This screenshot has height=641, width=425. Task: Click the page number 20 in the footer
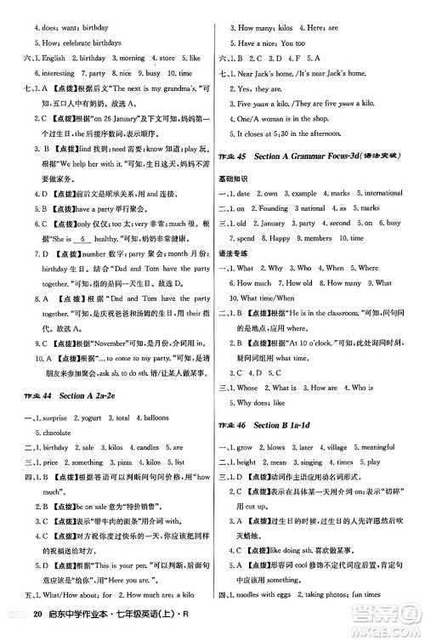[x=36, y=624]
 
